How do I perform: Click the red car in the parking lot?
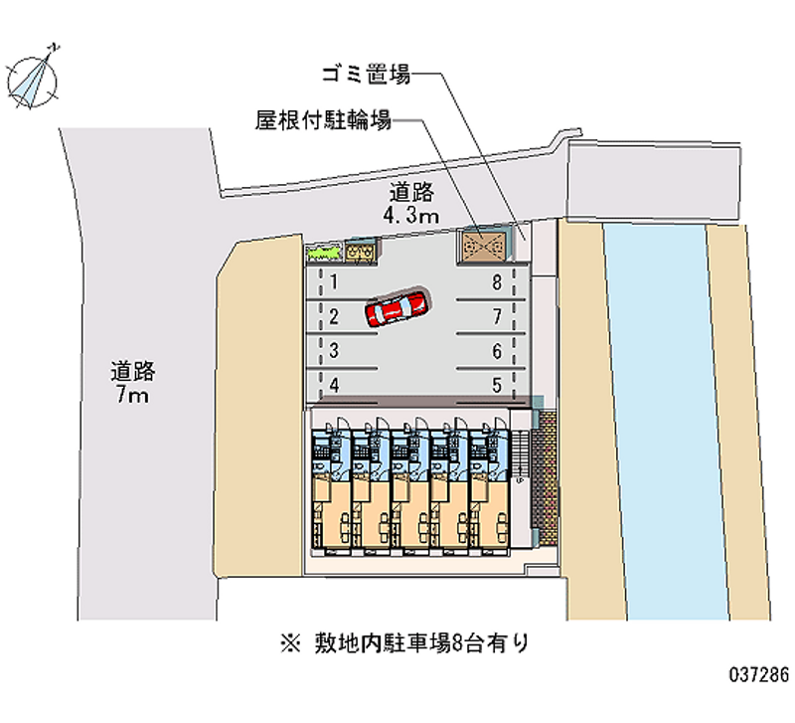point(397,308)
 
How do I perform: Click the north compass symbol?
point(33,76)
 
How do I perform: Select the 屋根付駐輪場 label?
point(322,121)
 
